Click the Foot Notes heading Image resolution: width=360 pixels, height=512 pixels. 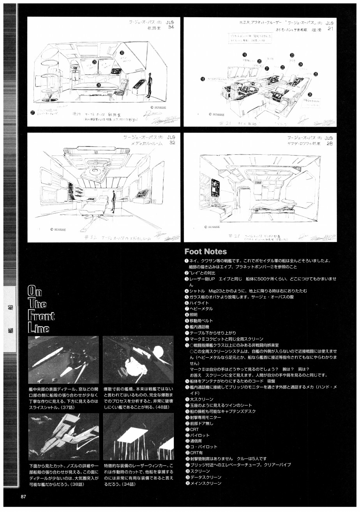point(205,252)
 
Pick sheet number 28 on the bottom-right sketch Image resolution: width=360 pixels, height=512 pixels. point(330,144)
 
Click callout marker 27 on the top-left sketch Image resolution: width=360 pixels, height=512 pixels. point(33,113)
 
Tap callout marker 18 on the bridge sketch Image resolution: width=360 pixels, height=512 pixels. point(203,79)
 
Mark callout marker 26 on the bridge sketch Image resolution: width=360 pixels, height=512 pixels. point(310,94)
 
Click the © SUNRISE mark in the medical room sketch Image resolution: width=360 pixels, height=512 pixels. point(58,230)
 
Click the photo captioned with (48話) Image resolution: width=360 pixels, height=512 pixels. point(138,360)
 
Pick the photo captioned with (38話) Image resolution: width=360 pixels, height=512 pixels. point(64,436)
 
